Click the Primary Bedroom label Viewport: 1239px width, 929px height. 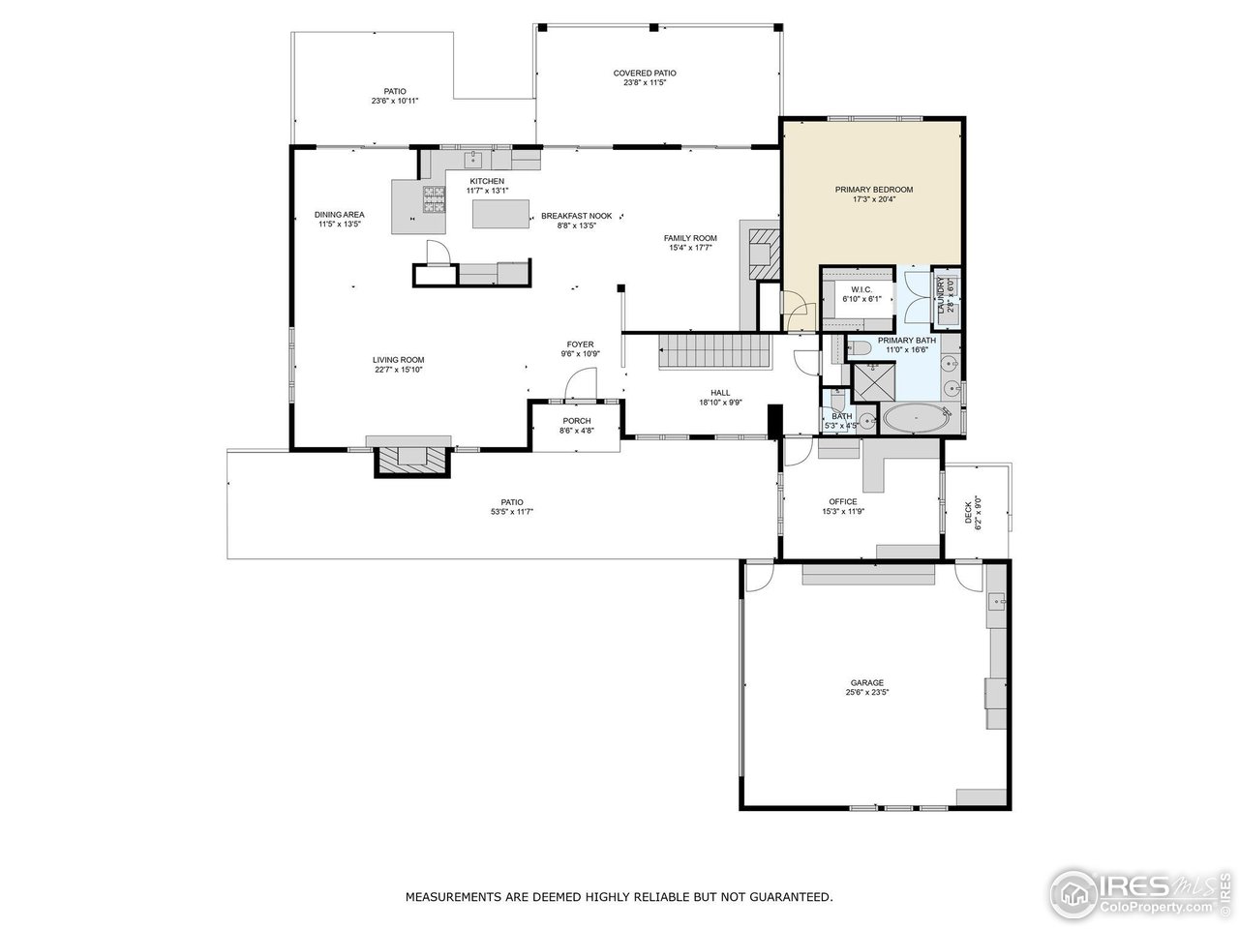pos(873,190)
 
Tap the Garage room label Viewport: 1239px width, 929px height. pos(866,682)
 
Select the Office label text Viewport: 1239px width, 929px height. pos(842,501)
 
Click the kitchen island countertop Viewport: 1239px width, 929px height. pos(501,214)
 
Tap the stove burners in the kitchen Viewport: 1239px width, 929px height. pos(433,200)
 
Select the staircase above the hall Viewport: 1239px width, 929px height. pos(714,350)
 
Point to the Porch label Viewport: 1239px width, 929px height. pos(577,421)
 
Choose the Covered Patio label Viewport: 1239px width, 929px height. pos(645,73)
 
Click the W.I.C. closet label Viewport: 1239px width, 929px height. pos(862,289)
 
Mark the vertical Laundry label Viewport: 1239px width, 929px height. pos(940,295)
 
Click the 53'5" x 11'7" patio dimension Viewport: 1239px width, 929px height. pos(513,512)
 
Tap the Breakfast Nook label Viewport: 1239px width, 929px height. pos(576,216)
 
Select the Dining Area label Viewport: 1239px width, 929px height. pos(339,215)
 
